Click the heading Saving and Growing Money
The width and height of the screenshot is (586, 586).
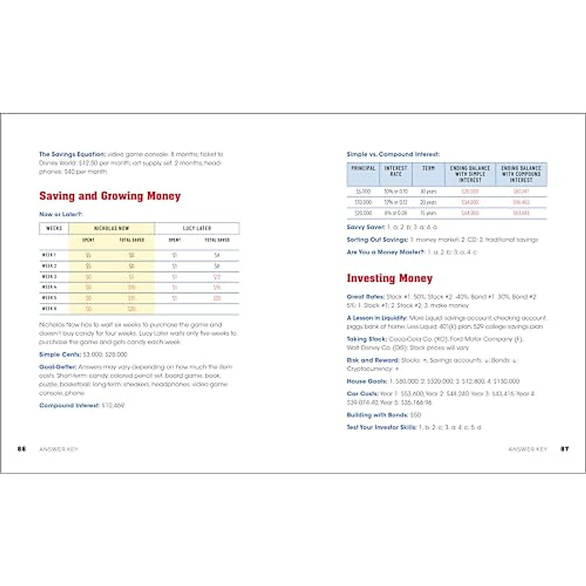tap(110, 196)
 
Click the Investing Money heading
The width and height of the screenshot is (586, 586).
tap(389, 278)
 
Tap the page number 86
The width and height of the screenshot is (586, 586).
tap(21, 449)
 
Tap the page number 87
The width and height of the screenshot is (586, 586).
tap(565, 449)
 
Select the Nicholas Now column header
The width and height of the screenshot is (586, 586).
tap(111, 228)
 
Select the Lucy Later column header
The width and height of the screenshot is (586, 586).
tap(197, 228)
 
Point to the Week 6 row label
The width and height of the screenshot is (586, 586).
tap(49, 309)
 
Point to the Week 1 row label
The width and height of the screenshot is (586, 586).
tap(49, 255)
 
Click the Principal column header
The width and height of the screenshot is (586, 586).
tap(363, 168)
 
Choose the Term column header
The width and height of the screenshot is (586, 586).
tap(428, 168)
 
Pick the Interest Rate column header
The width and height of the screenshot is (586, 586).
tap(396, 171)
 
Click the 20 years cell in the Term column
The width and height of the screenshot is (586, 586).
tap(428, 202)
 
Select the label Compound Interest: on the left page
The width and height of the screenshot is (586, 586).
tap(69, 405)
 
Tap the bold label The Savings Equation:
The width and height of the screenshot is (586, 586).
tap(72, 154)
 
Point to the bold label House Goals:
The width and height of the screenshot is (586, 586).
tap(366, 381)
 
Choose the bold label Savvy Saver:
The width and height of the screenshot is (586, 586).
tap(366, 227)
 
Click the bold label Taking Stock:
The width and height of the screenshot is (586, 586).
tap(367, 339)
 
